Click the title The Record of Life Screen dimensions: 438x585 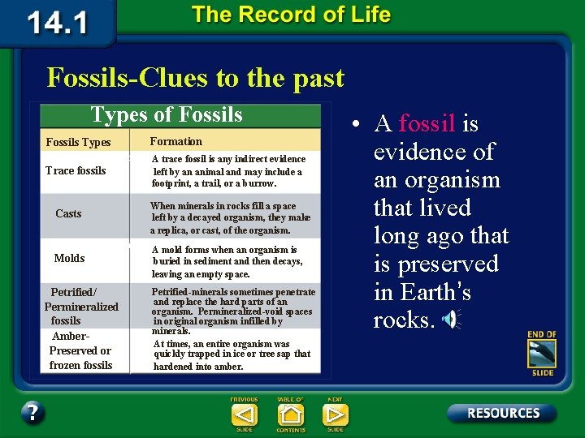(x=291, y=15)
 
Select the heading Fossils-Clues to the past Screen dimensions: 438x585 (x=196, y=78)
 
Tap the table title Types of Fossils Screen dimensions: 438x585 (x=167, y=115)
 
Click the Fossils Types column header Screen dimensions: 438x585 (x=78, y=143)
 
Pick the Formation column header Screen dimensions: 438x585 (x=176, y=141)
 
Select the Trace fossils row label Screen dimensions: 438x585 (x=76, y=171)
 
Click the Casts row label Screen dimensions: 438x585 (x=68, y=214)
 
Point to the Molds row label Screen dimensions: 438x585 (x=69, y=258)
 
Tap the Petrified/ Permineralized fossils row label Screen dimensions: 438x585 (x=80, y=306)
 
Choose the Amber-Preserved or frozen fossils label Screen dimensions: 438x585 (x=80, y=350)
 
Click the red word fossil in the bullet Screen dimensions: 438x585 (x=427, y=124)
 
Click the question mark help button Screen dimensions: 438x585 (x=32, y=413)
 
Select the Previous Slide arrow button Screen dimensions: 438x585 (x=245, y=414)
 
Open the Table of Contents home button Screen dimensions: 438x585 (x=290, y=414)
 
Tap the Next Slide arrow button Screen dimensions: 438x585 (x=335, y=414)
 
